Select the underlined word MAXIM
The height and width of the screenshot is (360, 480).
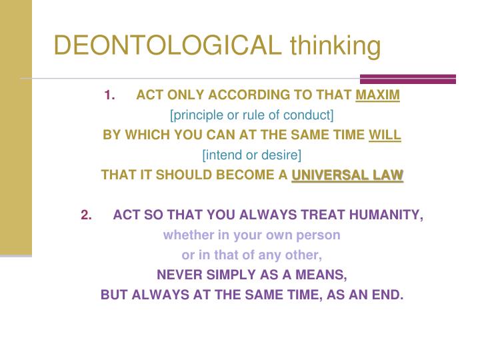click(x=378, y=95)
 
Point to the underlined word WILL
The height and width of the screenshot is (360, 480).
click(x=385, y=135)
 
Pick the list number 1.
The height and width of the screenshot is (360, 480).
click(x=109, y=95)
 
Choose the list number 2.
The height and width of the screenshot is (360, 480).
click(x=86, y=215)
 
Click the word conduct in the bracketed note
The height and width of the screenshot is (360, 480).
click(x=311, y=115)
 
